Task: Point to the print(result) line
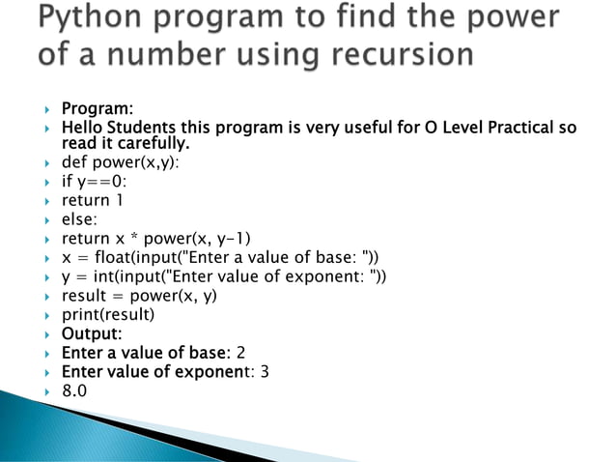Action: [x=108, y=314]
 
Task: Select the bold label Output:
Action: [x=92, y=333]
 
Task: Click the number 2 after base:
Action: [x=241, y=353]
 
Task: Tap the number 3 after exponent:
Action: [x=265, y=372]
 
